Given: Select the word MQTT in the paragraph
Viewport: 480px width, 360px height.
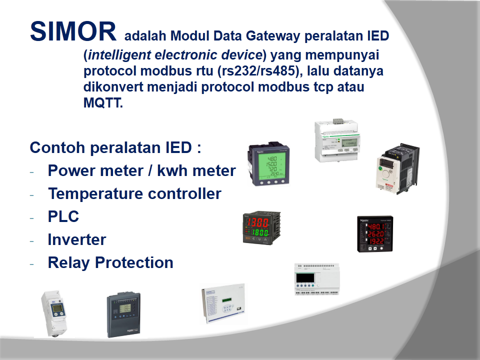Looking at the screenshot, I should [102, 104].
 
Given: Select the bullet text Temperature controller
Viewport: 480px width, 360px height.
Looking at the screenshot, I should [134, 193].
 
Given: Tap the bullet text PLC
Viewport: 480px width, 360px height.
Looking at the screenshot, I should [63, 216].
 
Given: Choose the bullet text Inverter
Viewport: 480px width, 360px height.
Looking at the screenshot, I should [77, 239].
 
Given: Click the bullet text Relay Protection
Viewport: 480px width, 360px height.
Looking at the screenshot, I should [110, 262].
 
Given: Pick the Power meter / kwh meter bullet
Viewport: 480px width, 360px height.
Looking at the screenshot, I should [141, 170].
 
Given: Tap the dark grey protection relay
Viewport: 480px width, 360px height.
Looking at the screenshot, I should [123, 314].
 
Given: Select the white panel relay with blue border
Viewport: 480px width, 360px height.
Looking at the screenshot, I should [223, 303].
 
